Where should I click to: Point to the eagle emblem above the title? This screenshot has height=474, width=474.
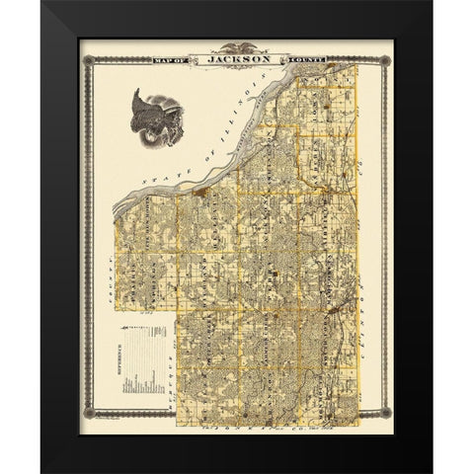tap(236, 47)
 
